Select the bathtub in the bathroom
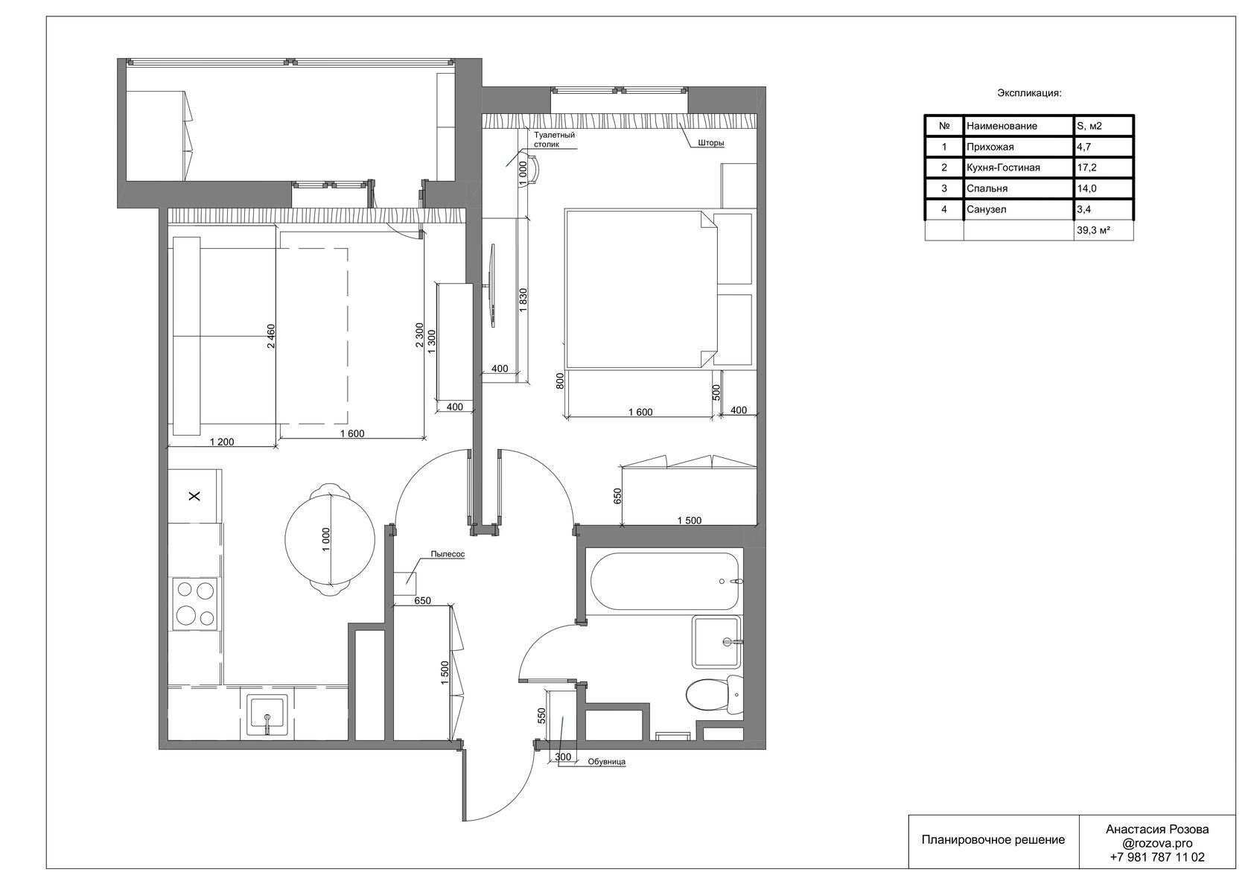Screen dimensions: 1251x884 click(665, 582)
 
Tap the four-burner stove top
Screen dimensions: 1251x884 click(194, 604)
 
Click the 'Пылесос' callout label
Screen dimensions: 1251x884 click(448, 555)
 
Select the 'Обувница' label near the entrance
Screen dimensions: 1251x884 click(606, 762)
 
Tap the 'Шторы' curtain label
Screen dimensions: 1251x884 click(711, 143)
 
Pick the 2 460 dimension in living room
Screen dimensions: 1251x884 click(271, 336)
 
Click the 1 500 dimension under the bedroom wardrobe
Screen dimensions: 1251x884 click(690, 521)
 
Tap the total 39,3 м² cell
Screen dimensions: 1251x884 click(1093, 230)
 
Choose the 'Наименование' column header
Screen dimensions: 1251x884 click(1002, 126)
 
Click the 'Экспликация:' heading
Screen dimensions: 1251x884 click(1029, 93)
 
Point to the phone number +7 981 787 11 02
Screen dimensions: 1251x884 click(1157, 856)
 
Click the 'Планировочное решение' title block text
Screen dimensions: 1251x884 click(993, 840)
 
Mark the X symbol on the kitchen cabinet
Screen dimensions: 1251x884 click(194, 496)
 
